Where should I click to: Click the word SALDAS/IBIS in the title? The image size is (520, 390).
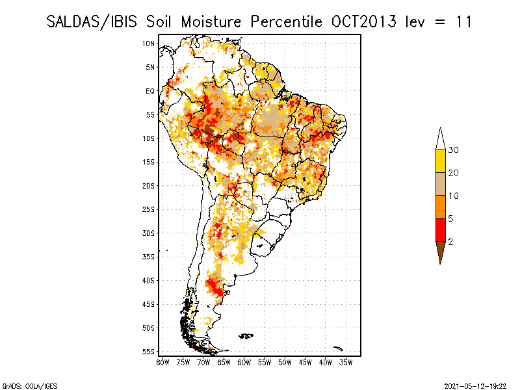(92, 22)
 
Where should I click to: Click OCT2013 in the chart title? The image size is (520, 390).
(363, 22)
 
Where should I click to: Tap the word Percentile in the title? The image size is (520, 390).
(286, 22)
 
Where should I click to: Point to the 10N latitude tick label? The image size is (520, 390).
(149, 44)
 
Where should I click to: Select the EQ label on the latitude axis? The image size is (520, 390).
(150, 91)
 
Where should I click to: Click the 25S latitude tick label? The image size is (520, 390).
(149, 209)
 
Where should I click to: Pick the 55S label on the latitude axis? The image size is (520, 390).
(149, 352)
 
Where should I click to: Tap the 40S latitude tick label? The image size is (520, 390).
(149, 281)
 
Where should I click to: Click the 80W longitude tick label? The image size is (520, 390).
(162, 363)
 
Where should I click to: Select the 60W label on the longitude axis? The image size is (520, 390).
(244, 363)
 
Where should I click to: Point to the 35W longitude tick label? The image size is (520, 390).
(346, 363)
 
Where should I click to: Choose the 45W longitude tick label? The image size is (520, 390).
(305, 363)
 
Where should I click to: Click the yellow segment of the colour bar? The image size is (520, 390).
(441, 161)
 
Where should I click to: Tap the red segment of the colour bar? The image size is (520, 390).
(441, 230)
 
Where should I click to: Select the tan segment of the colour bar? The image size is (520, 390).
(441, 184)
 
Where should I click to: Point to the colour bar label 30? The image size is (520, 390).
(453, 150)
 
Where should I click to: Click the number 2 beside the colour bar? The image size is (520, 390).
(450, 242)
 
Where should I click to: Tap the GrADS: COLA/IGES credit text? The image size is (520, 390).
(29, 386)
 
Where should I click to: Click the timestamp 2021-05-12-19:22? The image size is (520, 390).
(475, 386)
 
